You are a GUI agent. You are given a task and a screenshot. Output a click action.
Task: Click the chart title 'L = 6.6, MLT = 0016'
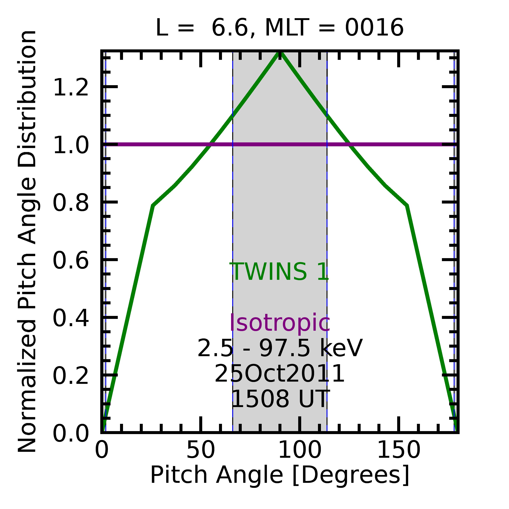point(280,28)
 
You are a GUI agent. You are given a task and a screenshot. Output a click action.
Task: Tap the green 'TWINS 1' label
point(280,272)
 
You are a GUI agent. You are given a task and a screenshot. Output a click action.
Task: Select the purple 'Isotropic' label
point(280,323)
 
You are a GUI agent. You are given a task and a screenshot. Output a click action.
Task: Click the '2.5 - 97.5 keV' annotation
point(280,348)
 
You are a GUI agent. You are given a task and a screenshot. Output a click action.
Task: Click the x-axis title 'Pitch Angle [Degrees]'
point(280,475)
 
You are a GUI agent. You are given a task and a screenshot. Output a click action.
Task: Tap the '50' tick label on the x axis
point(201,450)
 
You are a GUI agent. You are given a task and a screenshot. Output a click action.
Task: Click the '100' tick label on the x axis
point(300,450)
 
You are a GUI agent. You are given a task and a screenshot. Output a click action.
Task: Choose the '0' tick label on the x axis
point(102,450)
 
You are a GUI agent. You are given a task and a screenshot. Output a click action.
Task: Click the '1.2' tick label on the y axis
point(71,87)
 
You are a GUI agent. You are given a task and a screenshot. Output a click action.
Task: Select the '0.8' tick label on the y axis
point(71,203)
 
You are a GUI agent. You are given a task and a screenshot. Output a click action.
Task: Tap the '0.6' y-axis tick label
point(71,261)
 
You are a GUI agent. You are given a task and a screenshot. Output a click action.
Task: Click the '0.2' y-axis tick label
point(71,376)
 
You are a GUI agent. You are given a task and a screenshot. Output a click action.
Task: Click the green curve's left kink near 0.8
point(153,206)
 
